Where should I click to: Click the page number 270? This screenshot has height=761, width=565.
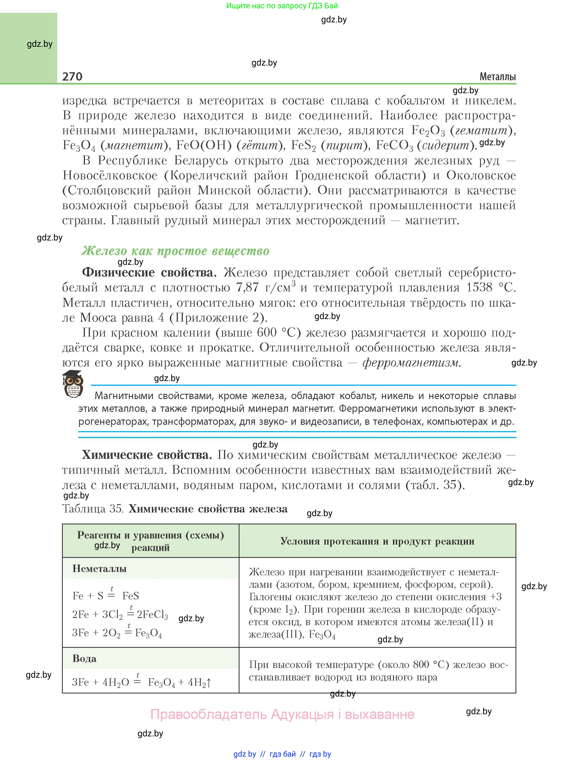click(72, 76)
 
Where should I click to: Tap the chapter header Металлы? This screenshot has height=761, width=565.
click(497, 77)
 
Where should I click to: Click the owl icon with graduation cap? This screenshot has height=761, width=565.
click(73, 384)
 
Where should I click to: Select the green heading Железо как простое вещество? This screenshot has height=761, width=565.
click(175, 251)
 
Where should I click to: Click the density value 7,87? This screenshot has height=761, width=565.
click(247, 288)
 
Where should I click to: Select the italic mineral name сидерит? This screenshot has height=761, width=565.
click(446, 146)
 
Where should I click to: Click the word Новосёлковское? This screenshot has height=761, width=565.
click(110, 175)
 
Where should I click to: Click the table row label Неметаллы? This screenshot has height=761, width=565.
click(100, 569)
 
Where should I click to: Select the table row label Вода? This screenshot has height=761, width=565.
click(84, 659)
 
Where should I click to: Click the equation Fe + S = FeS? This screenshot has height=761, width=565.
click(106, 596)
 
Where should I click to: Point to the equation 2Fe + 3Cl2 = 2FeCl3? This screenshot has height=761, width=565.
click(120, 615)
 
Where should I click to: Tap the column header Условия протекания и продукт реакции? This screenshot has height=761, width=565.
click(377, 541)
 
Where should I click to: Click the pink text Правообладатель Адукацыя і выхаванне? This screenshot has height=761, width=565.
click(283, 715)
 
